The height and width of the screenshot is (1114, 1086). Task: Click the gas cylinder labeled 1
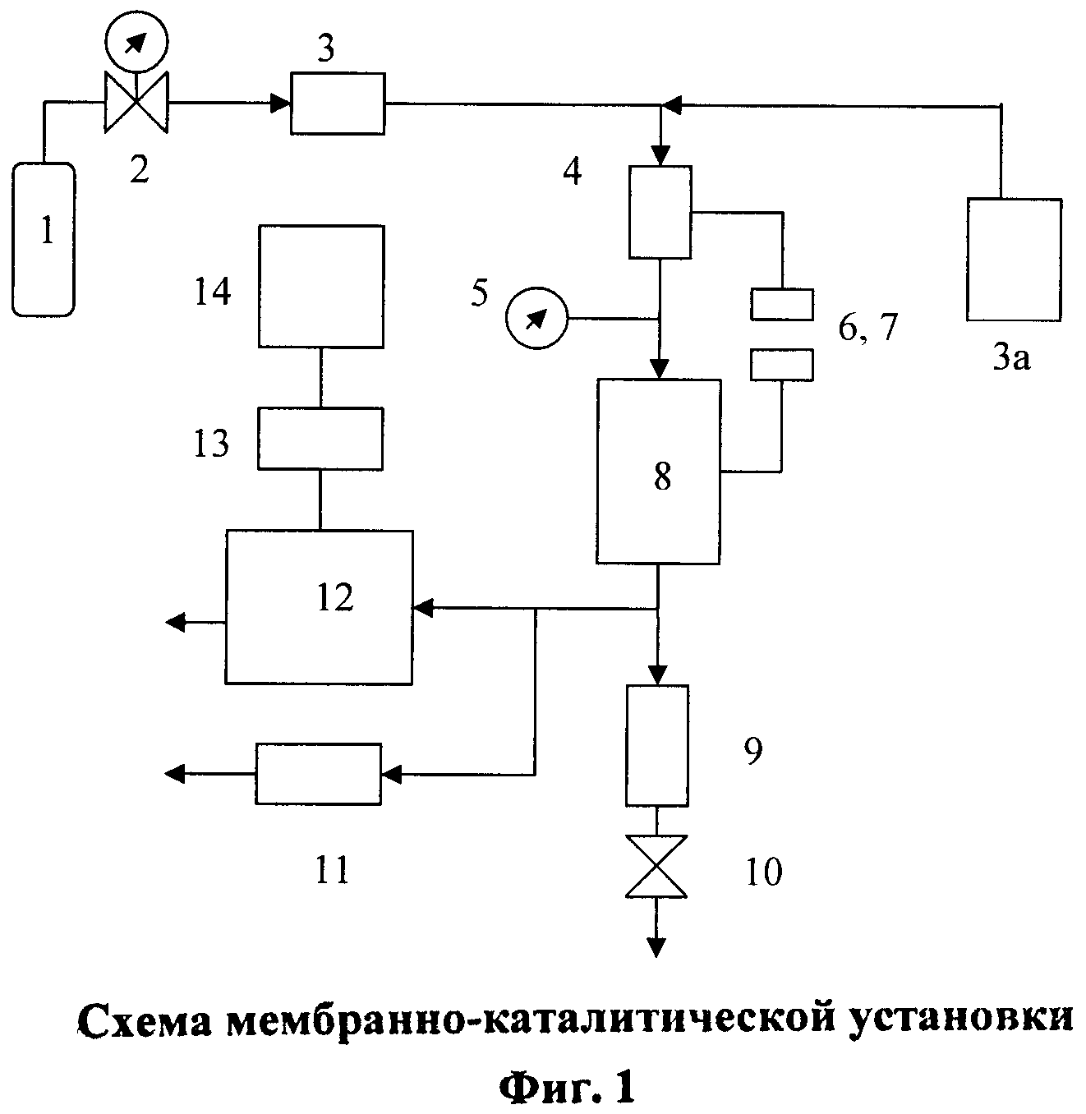[x=44, y=238]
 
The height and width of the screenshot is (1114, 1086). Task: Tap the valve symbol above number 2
[x=136, y=104]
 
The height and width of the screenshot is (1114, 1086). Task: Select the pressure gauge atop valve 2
[x=136, y=39]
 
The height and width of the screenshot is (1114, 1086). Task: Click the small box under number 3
[x=338, y=104]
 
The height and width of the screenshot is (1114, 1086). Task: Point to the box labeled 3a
[x=1014, y=259]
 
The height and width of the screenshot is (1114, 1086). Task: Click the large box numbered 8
[x=658, y=471]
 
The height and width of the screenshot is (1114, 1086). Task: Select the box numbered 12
[x=319, y=606]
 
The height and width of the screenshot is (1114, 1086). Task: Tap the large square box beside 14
[x=320, y=286]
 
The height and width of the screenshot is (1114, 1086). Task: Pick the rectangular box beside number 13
[x=320, y=438]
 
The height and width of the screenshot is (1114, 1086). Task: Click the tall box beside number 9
[x=657, y=745]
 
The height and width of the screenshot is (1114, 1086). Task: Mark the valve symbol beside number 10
[x=656, y=867]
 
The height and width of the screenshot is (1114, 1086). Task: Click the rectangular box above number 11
[x=319, y=773]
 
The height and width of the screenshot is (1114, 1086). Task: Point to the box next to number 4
[x=660, y=211]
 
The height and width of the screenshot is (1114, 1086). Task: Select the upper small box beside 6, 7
[x=781, y=304]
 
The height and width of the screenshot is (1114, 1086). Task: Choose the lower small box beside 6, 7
[x=781, y=365]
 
